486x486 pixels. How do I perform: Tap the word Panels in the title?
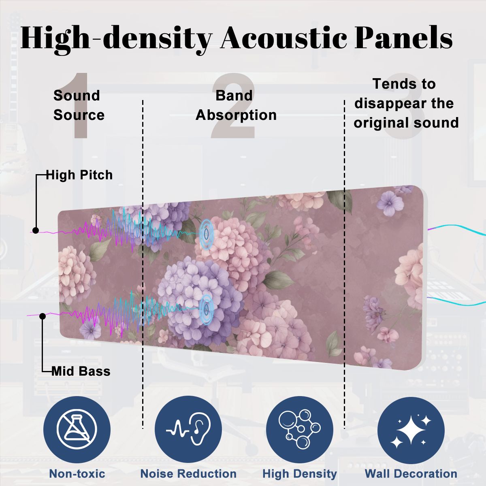(x=403, y=38)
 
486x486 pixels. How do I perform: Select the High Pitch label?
(x=79, y=175)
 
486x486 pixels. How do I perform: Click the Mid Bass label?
(x=81, y=371)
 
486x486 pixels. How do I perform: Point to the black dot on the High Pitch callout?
(x=36, y=230)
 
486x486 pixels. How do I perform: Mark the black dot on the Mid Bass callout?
(x=43, y=316)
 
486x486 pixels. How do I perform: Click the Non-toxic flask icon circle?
(x=77, y=430)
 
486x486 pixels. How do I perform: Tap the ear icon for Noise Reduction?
(x=188, y=430)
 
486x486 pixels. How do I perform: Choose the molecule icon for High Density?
(x=300, y=430)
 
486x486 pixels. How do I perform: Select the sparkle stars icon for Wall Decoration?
(x=411, y=430)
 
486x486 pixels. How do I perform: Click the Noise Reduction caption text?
(x=188, y=473)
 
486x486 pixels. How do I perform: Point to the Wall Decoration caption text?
(x=411, y=473)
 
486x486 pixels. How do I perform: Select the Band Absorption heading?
(x=236, y=105)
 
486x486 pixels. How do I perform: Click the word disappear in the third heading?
(x=404, y=103)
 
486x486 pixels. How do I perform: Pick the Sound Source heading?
(x=79, y=105)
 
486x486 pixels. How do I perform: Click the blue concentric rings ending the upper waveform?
(x=206, y=234)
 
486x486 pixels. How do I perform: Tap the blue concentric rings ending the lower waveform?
(x=206, y=309)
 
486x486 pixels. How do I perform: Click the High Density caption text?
(x=300, y=473)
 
